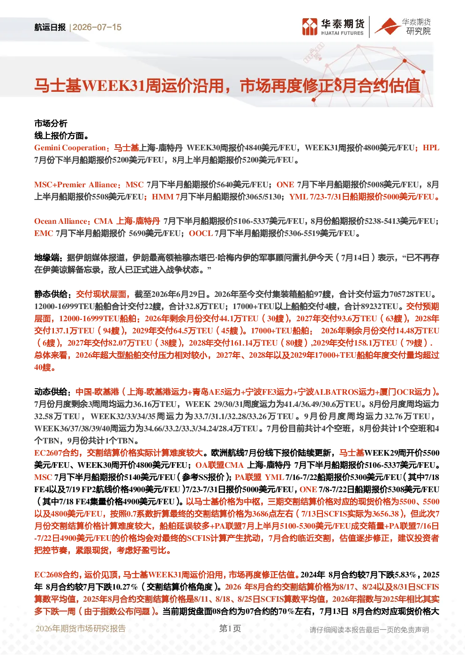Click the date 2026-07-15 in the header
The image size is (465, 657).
click(97, 27)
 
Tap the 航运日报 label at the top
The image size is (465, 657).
click(50, 27)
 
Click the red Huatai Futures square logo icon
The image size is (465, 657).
click(310, 27)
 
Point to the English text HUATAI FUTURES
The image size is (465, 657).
click(342, 33)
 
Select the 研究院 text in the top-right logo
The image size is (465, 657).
click(418, 31)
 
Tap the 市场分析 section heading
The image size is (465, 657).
click(51, 124)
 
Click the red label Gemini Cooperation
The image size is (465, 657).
click(70, 148)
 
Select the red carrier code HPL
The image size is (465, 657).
click(431, 148)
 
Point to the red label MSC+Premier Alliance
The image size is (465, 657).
click(76, 185)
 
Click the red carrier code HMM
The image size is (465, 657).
click(163, 197)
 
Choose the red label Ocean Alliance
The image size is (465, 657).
click(61, 221)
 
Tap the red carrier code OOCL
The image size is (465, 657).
click(201, 234)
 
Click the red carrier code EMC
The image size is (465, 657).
click(44, 234)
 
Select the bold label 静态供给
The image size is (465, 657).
click(51, 294)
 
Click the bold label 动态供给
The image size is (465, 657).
click(51, 392)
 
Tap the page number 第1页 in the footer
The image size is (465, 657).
click(230, 628)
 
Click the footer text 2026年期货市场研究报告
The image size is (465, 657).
click(81, 628)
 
